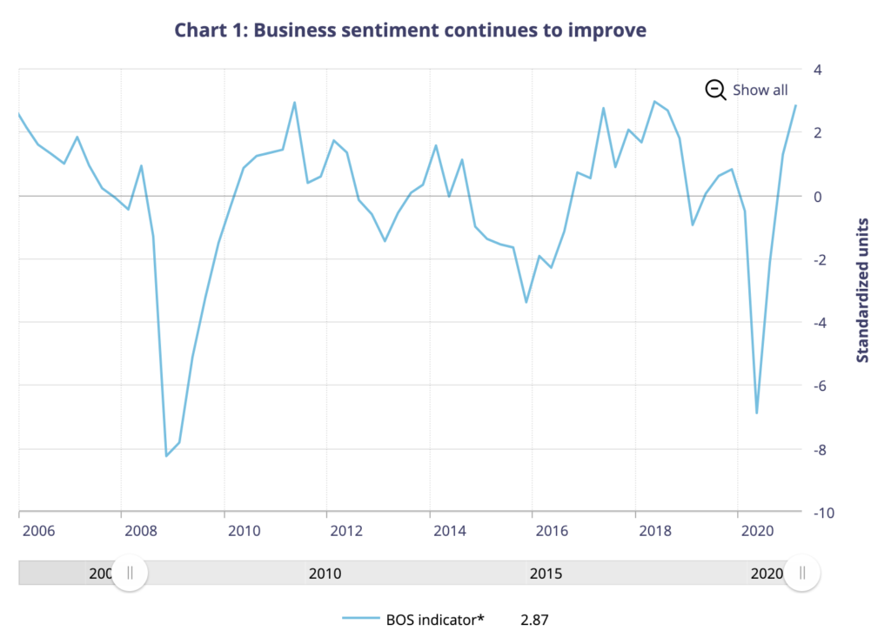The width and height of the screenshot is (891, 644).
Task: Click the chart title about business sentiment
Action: coord(411,30)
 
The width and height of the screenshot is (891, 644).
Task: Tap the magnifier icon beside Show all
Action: coord(715,90)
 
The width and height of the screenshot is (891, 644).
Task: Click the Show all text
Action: coord(760,90)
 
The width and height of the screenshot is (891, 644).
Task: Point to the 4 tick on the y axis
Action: coord(818,69)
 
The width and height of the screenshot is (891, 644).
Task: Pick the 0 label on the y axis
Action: coord(818,196)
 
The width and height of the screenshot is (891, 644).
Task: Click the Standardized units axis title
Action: coord(863,290)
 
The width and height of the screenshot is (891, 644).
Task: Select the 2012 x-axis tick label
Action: coord(346,529)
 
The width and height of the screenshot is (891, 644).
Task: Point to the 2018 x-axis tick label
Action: coord(654,529)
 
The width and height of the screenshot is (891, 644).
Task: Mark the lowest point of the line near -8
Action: coord(166,456)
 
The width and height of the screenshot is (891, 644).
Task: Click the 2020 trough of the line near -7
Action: coord(757,413)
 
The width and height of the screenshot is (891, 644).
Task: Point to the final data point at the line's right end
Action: coord(795,105)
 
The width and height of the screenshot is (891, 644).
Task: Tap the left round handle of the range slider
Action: coord(130,573)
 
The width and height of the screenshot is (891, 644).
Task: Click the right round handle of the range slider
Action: coord(802,573)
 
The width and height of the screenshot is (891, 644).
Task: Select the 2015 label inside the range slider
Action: coord(546,574)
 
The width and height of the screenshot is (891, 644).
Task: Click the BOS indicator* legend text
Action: coord(434,620)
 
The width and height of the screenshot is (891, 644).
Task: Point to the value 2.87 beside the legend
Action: coord(535,620)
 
